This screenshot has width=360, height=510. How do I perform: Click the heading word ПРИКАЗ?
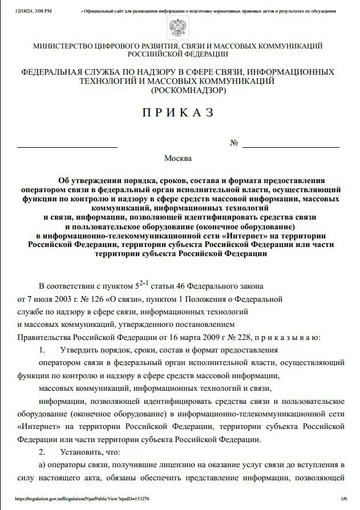[178, 113]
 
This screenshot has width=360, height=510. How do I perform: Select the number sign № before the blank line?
[234, 143]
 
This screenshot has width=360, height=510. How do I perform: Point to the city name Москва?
[178, 158]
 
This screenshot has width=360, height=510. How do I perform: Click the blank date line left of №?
[67, 147]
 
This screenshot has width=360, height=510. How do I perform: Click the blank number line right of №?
[290, 147]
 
